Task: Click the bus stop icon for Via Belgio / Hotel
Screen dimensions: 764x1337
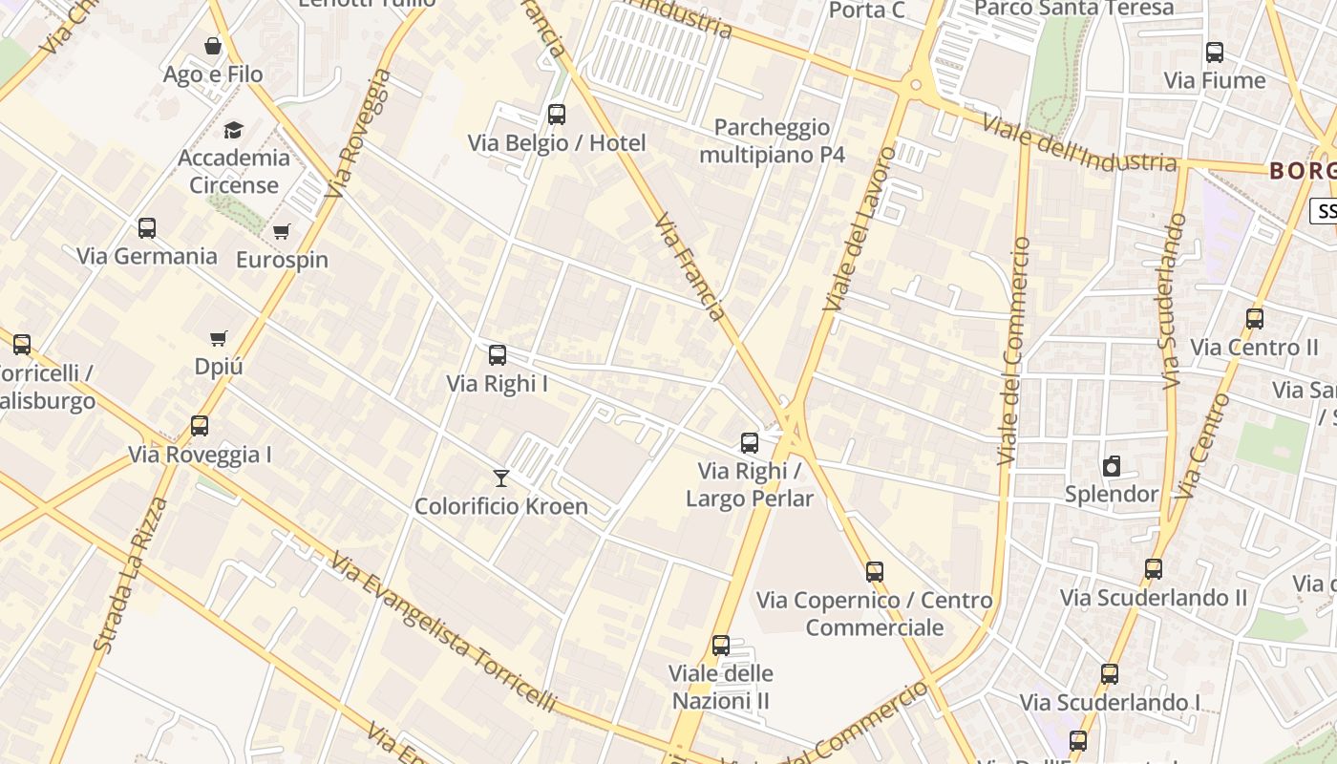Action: pyautogui.click(x=557, y=115)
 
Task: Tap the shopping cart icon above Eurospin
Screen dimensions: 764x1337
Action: pyautogui.click(x=281, y=231)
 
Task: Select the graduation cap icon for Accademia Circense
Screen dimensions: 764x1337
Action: pyautogui.click(x=234, y=130)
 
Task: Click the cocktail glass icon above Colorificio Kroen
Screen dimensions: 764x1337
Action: pyautogui.click(x=501, y=477)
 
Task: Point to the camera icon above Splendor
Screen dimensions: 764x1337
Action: pyautogui.click(x=1112, y=466)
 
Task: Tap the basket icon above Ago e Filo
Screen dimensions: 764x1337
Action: pyautogui.click(x=213, y=46)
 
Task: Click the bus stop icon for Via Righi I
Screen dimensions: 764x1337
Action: pyautogui.click(x=498, y=355)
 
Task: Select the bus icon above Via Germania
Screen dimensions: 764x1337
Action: pyautogui.click(x=147, y=228)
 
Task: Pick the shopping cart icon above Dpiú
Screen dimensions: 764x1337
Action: pyautogui.click(x=219, y=338)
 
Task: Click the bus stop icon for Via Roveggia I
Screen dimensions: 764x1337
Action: pyautogui.click(x=200, y=426)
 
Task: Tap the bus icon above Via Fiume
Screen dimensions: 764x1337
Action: pyautogui.click(x=1215, y=53)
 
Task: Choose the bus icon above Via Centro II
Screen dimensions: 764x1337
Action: pyautogui.click(x=1255, y=319)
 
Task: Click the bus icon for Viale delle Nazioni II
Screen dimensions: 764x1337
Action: pyautogui.click(x=721, y=646)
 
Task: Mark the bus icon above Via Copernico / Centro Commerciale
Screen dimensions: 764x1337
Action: pyautogui.click(x=875, y=572)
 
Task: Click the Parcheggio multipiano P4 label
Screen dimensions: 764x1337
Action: pyautogui.click(x=772, y=140)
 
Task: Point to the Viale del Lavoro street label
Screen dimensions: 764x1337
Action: pyautogui.click(x=859, y=229)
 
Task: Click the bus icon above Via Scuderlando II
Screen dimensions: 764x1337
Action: pyautogui.click(x=1154, y=569)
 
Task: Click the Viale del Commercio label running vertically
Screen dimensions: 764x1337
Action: pyautogui.click(x=1014, y=351)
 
